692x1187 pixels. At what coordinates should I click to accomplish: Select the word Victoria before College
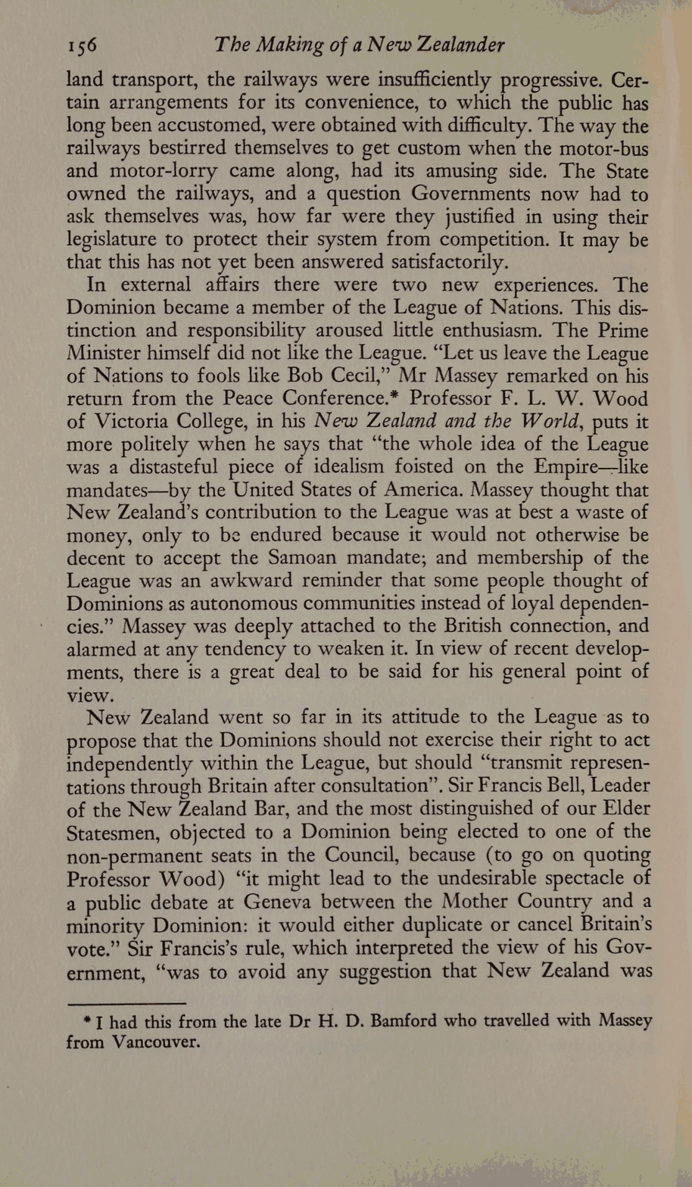pyautogui.click(x=131, y=421)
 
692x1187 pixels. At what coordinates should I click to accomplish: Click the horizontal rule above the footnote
pyautogui.click(x=126, y=1003)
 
